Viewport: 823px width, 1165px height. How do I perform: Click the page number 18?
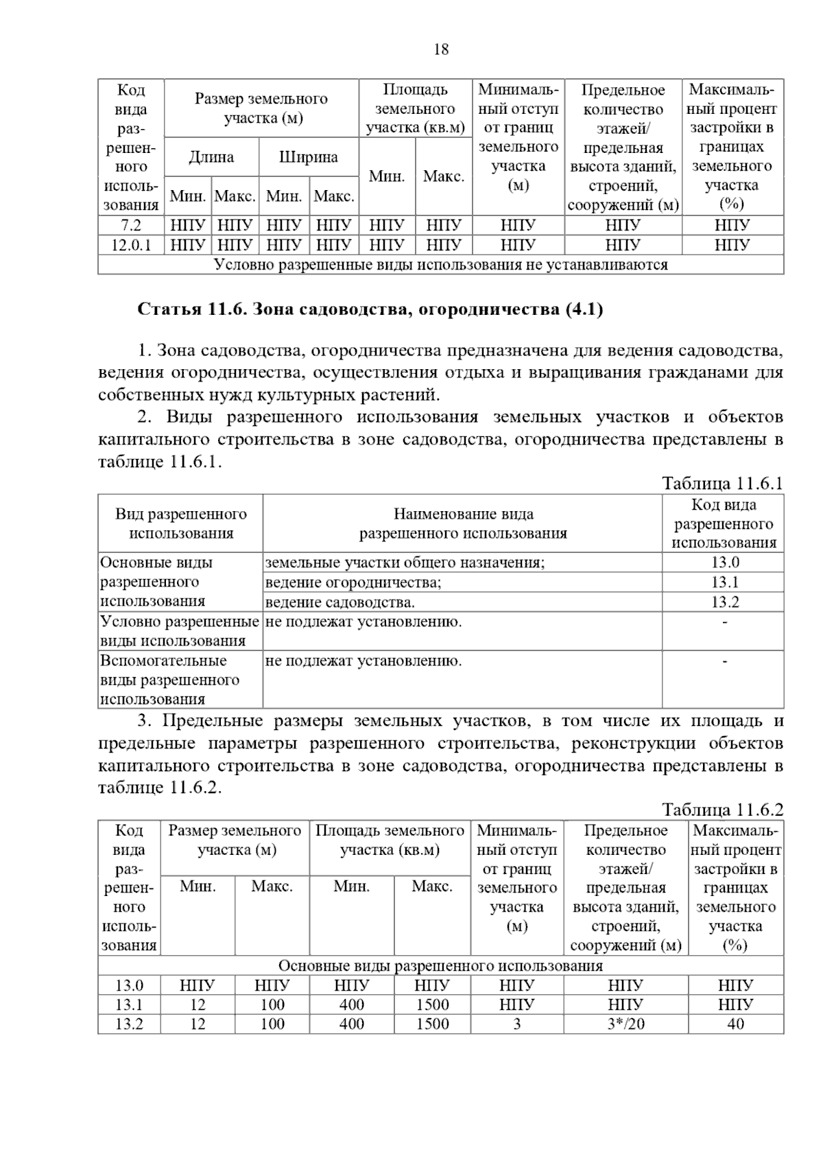pos(441,49)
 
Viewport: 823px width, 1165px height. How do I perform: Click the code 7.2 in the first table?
pos(130,225)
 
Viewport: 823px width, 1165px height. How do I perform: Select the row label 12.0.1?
pos(130,245)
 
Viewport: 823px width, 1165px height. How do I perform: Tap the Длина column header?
pos(211,157)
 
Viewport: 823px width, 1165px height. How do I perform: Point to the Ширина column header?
pos(309,157)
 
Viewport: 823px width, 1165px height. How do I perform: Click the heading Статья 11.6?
pos(370,309)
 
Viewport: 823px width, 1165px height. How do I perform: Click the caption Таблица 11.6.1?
pos(722,483)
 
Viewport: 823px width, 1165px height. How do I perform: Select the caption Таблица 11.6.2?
pos(722,810)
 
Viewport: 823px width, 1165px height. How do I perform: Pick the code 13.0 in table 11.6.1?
pos(724,563)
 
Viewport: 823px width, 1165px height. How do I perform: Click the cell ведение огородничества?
pos(353,582)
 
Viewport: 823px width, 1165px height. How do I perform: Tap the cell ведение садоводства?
pos(340,602)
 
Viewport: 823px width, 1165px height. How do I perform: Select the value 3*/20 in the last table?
pos(625,1024)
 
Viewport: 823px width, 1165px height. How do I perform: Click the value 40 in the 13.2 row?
pos(735,1024)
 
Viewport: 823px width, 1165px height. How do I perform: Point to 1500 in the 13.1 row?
pos(432,1005)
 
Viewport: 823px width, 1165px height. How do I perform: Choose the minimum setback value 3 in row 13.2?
pos(516,1024)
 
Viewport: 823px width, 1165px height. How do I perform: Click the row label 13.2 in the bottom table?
pos(129,1024)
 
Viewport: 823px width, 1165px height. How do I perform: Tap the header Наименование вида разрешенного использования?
pos(463,523)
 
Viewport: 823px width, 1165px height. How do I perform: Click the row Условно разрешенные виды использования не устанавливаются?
pos(440,265)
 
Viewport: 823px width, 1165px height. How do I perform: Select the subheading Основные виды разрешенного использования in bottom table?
pos(440,966)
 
